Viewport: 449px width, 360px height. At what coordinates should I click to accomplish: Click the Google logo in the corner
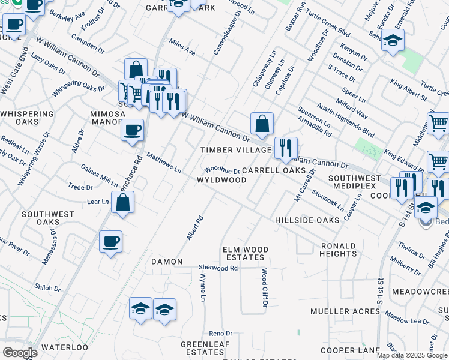20,353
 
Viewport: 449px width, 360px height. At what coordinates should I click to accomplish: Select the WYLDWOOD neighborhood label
221,180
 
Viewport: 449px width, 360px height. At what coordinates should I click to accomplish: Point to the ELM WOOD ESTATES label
243,253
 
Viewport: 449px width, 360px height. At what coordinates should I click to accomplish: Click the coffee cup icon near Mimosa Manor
132,130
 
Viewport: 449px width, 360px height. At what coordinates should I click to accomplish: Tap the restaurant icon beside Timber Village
286,148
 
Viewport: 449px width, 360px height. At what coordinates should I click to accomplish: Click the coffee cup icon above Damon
110,242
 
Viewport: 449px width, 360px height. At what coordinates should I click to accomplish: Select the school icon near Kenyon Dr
393,40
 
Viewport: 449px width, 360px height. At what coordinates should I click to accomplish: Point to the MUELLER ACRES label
339,311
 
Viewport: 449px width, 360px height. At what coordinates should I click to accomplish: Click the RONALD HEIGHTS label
339,250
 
